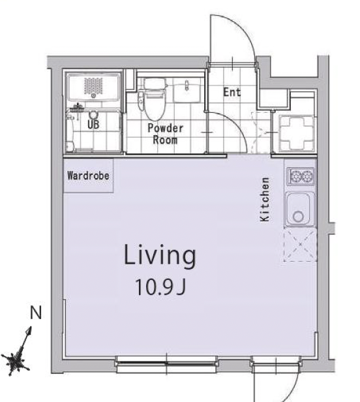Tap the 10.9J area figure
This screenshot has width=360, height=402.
pos(160,287)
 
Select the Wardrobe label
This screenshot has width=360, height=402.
pos(88,176)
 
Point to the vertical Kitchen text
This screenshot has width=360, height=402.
pos(265,199)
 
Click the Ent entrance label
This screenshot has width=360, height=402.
pos(232,92)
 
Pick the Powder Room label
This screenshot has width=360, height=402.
pos(165,134)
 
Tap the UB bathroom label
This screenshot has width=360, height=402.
pos(93,125)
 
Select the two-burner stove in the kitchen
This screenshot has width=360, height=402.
pos(301,176)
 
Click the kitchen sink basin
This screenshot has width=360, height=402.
pos(299,209)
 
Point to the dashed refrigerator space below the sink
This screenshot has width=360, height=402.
pos(300,245)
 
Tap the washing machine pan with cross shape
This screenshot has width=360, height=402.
pos(297,133)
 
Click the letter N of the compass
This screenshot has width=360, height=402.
pos(36,313)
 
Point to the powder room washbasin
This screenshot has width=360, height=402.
pos(187,90)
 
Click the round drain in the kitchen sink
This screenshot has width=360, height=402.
pos(298,217)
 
